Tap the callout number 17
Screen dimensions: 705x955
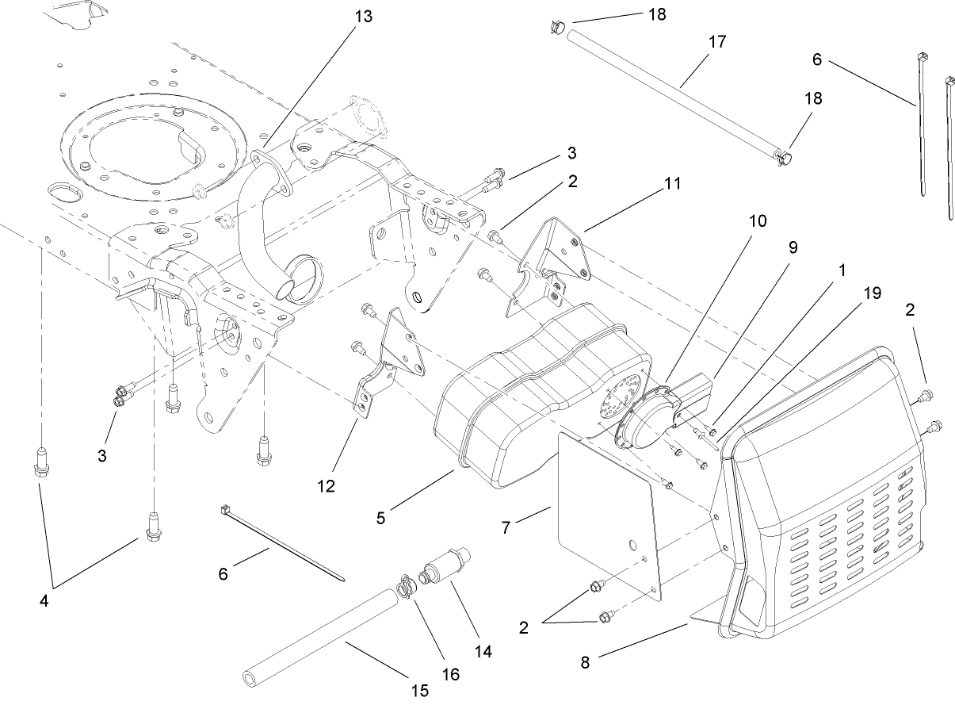click(716, 42)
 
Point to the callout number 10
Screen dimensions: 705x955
click(758, 220)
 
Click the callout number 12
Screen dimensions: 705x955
click(326, 485)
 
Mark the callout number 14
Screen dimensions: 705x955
click(482, 651)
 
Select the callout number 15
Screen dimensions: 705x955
click(420, 690)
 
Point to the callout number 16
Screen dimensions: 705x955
click(450, 675)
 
